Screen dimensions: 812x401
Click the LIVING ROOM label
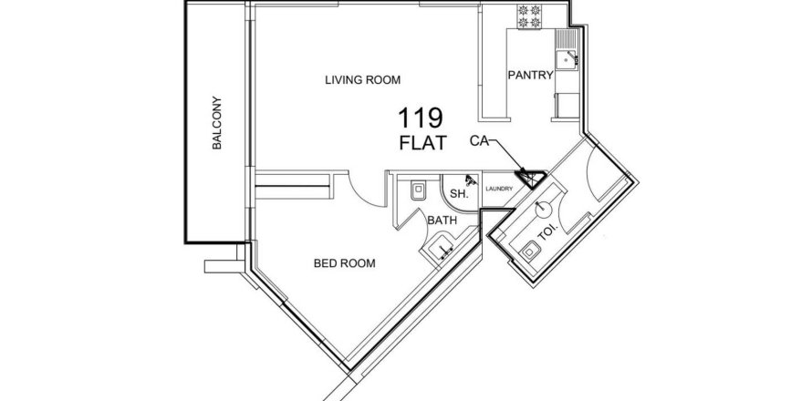coord(362,80)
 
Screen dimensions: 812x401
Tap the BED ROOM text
coord(344,263)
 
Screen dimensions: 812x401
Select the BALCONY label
coord(216,123)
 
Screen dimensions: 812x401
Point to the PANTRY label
coord(530,75)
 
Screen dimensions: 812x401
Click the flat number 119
coord(420,118)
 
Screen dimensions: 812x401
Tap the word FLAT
coord(422,143)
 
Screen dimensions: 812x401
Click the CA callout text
coord(480,140)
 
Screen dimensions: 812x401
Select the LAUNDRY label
coord(499,189)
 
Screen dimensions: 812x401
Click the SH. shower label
coord(459,194)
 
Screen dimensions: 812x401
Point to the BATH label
coord(442,221)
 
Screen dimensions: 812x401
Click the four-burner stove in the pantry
coord(529,16)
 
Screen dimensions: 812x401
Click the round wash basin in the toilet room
coord(543,209)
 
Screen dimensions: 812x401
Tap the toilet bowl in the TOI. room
coord(531,251)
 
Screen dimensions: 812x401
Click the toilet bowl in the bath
coord(418,190)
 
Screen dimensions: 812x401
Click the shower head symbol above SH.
coord(471,180)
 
